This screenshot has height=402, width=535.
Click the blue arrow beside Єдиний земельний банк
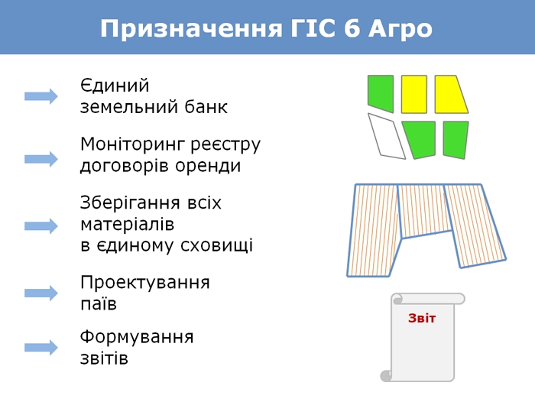click(41, 96)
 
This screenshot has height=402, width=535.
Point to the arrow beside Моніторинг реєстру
click(41, 159)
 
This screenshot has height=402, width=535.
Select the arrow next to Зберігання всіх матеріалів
click(41, 226)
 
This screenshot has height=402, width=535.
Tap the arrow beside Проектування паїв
click(41, 293)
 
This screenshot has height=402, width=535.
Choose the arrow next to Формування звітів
click(41, 348)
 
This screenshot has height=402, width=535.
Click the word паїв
click(99, 304)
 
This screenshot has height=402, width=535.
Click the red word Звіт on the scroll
click(422, 318)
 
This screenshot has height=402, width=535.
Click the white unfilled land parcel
click(387, 136)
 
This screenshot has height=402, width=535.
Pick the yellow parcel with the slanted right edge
click(449, 94)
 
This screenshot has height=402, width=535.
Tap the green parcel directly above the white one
click(380, 91)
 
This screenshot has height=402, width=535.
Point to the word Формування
click(137, 337)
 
